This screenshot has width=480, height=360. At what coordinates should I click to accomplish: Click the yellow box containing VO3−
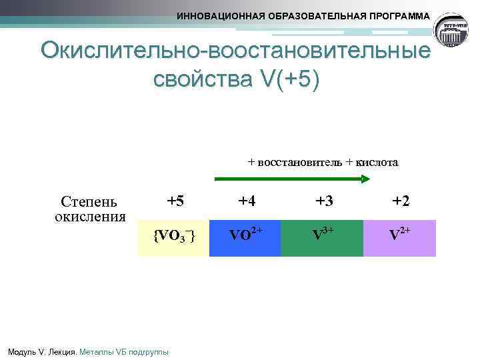[173, 238]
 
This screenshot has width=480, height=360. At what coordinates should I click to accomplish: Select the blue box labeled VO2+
[245, 238]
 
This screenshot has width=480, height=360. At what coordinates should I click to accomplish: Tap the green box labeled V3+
[322, 238]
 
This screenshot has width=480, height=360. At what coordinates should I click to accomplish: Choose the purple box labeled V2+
[399, 238]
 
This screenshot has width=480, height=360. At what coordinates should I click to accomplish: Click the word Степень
[88, 202]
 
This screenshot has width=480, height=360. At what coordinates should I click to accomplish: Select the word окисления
[90, 217]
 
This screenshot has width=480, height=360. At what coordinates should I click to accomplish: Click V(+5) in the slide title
[287, 79]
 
